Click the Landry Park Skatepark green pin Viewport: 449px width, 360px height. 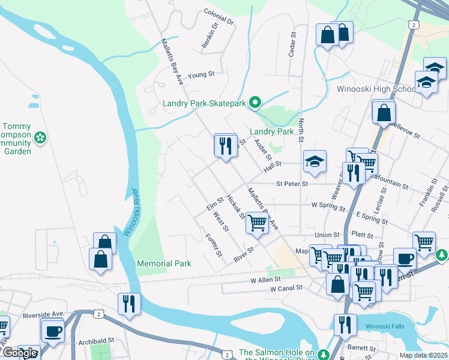[255, 103]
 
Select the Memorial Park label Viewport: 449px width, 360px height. [164, 263]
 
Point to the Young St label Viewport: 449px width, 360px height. [200, 76]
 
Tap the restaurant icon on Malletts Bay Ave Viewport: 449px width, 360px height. [225, 146]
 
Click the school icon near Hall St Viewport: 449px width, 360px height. [314, 161]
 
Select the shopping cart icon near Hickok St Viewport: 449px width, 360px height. [257, 223]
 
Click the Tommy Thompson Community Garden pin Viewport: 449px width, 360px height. [40, 138]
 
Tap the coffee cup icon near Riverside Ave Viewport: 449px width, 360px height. [53, 331]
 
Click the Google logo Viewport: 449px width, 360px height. [20, 353]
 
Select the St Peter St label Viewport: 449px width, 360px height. [292, 184]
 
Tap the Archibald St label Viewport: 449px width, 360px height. [96, 340]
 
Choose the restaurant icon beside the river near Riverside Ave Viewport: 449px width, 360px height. [128, 304]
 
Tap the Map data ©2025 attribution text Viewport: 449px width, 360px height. [423, 355]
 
